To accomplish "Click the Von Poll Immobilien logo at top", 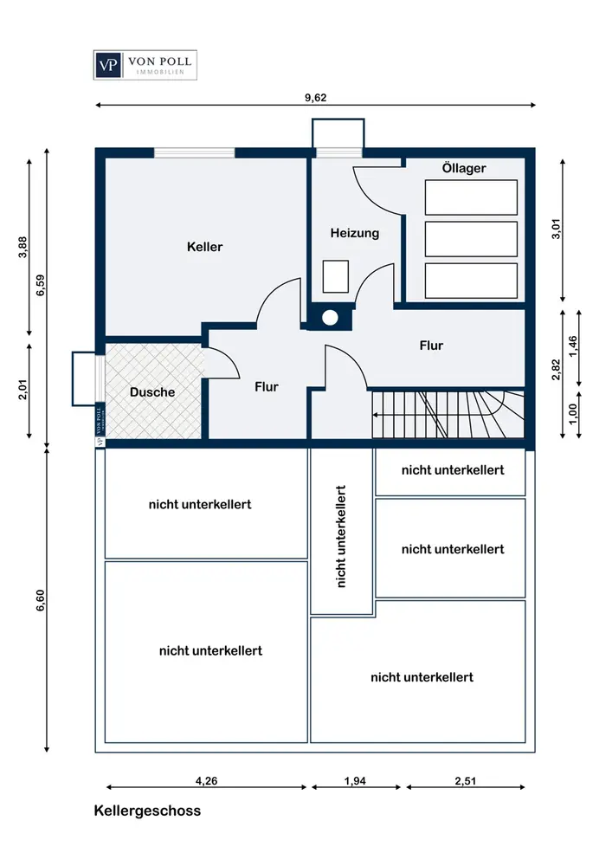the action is (145, 65).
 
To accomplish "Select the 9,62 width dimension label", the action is (316, 98).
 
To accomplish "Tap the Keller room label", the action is (205, 247).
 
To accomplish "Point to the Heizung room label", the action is (355, 233).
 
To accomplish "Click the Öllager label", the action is (464, 168).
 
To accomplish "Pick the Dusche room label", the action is (152, 392).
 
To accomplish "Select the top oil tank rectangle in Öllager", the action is (471, 197).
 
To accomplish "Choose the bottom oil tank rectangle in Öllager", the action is (471, 281).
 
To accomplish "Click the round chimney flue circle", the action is (330, 318).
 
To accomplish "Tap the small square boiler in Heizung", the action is (336, 276).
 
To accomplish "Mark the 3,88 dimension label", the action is (23, 247).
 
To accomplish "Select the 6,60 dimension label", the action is (41, 600).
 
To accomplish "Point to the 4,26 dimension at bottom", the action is (206, 781).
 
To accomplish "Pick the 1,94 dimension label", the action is (356, 781).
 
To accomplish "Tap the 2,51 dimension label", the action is (465, 781).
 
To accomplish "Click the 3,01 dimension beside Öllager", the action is (557, 229).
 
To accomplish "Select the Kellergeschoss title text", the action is (147, 811).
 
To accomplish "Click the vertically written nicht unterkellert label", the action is (341, 536).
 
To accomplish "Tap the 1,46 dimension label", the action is (573, 346).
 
